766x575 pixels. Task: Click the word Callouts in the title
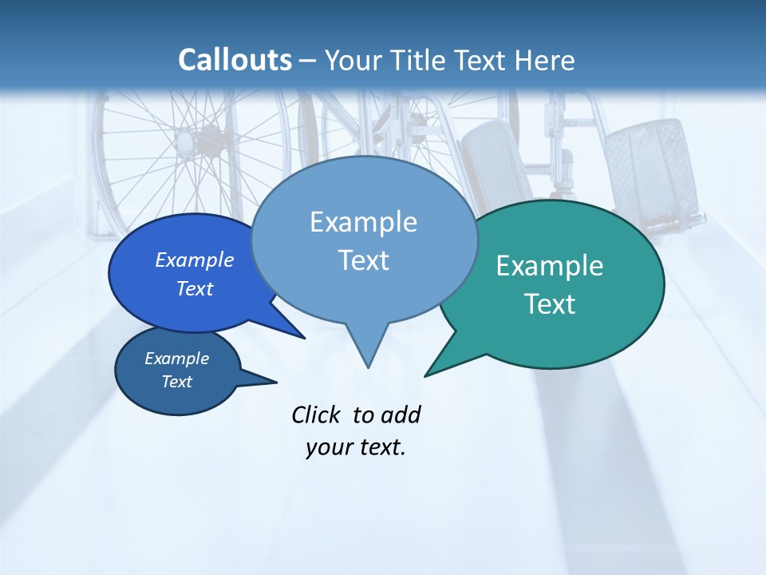coord(235,60)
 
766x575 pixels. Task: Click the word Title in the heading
coord(421,60)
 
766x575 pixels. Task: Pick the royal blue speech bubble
coord(160,303)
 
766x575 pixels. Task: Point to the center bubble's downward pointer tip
coord(368,367)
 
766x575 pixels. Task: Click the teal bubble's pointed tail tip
coord(426,375)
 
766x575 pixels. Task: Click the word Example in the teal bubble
coord(550,266)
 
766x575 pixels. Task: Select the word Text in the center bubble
coord(364,260)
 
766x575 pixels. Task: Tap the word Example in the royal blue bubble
coord(195,260)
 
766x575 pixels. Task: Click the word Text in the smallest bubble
coord(177,382)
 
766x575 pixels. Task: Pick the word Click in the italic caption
coord(316,414)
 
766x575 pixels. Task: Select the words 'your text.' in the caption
coord(356,447)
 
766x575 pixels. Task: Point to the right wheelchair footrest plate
coord(646,172)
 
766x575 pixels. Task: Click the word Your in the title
coord(353,60)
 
